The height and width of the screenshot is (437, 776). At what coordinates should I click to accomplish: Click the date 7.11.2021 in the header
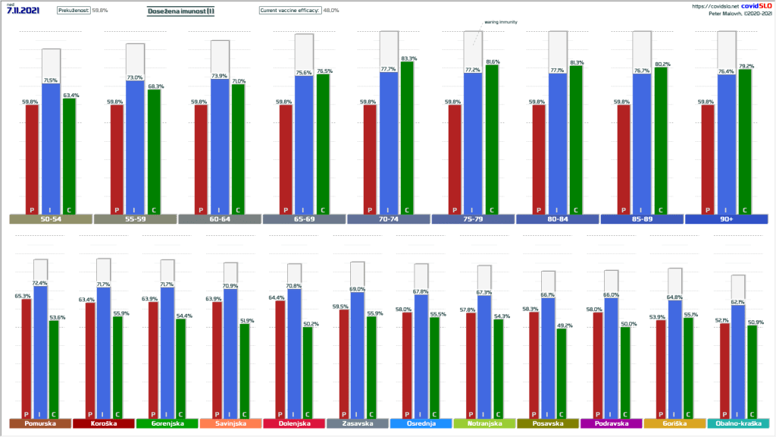point(23,11)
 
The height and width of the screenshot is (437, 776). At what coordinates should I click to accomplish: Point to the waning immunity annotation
point(501,22)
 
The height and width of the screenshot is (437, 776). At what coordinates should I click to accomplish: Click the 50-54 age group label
point(51,219)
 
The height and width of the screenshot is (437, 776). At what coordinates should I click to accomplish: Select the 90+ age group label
point(727,219)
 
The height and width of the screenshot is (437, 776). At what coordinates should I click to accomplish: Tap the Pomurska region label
point(38,423)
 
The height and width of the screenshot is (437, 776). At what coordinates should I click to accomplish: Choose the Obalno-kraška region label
point(737,423)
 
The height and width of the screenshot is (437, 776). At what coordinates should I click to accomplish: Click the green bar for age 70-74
point(406,137)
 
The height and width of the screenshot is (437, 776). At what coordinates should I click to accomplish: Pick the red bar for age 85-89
point(624,159)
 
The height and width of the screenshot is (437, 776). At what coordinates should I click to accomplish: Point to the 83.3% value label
point(408,58)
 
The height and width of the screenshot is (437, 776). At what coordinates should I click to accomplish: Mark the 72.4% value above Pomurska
point(40,283)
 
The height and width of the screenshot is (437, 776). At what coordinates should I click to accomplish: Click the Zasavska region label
point(357,423)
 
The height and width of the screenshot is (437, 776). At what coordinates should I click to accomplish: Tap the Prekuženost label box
point(74,11)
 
